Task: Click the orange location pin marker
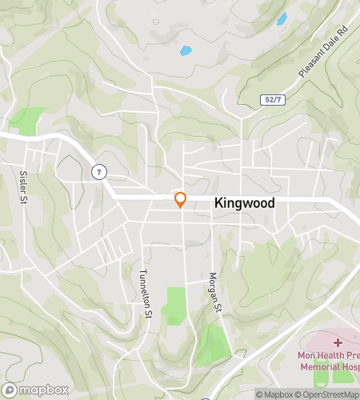[x=181, y=199]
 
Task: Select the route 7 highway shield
[x=98, y=171]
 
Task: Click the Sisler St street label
[x=23, y=186]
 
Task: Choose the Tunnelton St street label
[x=146, y=293]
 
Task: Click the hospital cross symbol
[x=338, y=342]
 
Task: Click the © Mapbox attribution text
[x=274, y=394]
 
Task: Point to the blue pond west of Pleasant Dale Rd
[x=281, y=19]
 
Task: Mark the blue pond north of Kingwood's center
[x=186, y=50]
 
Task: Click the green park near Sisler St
[x=28, y=120]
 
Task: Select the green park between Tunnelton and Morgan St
[x=174, y=304]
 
